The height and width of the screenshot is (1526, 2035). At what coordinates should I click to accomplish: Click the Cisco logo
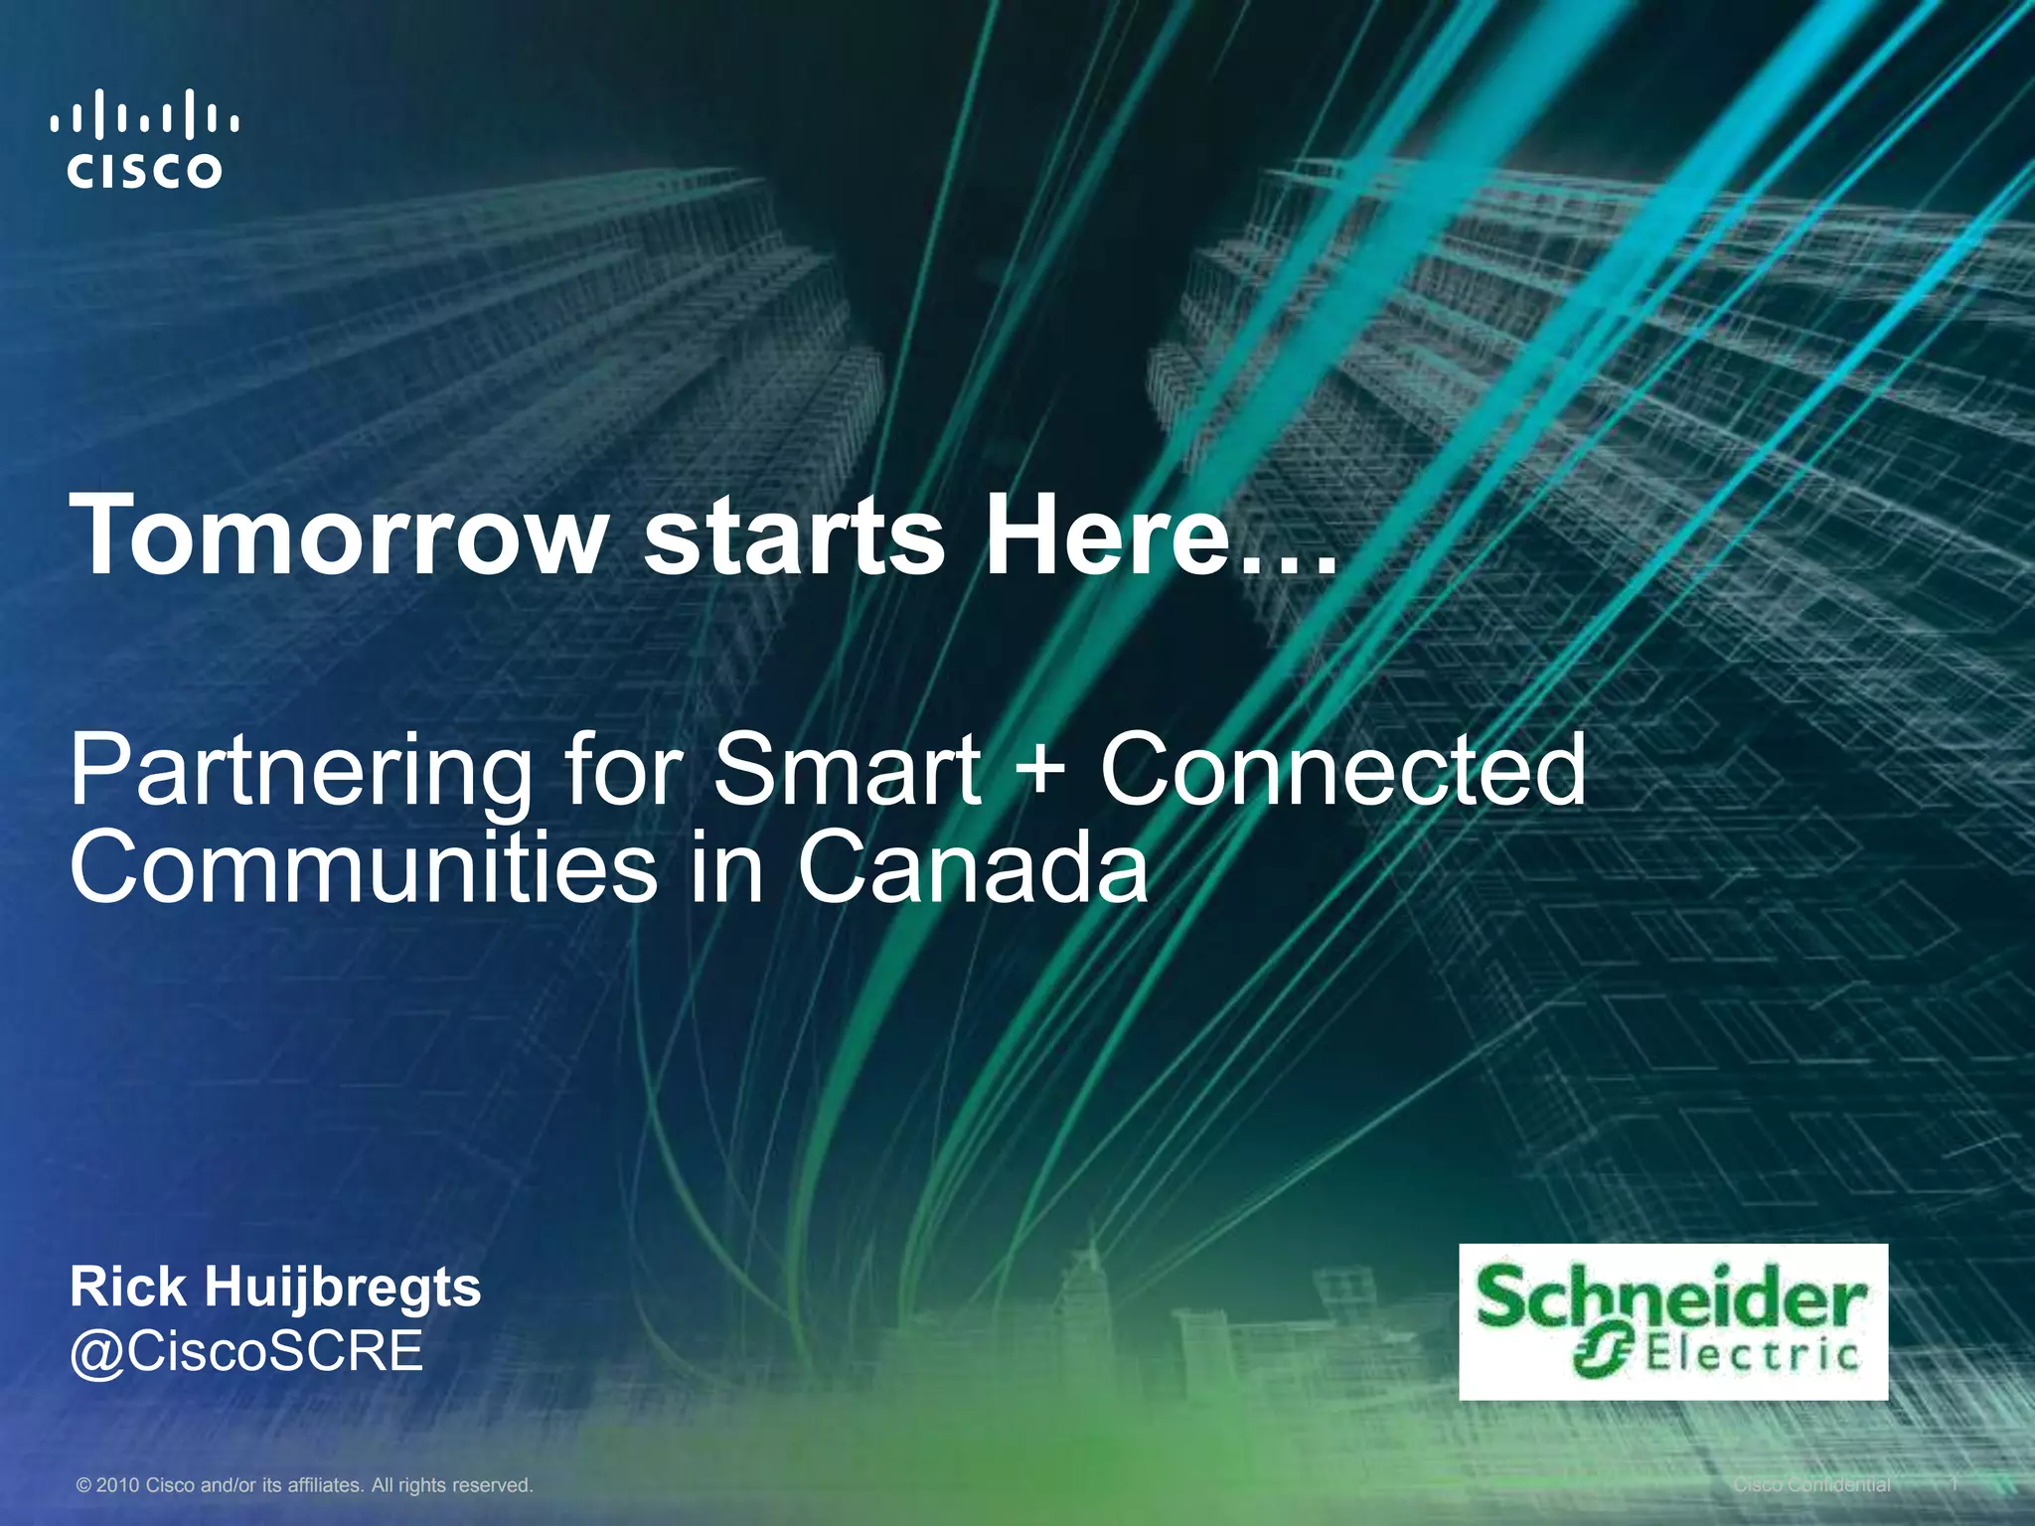point(145,139)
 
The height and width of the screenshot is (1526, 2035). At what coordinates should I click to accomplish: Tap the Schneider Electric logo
point(1672,1320)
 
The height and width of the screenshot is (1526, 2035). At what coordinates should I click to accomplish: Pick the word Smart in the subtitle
point(849,770)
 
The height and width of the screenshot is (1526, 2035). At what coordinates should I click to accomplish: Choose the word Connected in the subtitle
point(1342,770)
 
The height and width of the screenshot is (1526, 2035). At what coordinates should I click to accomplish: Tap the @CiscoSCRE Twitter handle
point(246,1352)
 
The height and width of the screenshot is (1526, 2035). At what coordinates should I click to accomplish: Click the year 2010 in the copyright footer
point(117,1485)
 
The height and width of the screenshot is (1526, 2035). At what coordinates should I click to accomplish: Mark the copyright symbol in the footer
point(83,1485)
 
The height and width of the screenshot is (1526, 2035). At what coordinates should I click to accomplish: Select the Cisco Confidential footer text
point(1811,1485)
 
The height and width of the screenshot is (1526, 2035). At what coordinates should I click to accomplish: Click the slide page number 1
point(1954,1484)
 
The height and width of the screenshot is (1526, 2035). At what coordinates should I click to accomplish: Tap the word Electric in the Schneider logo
point(1752,1355)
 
